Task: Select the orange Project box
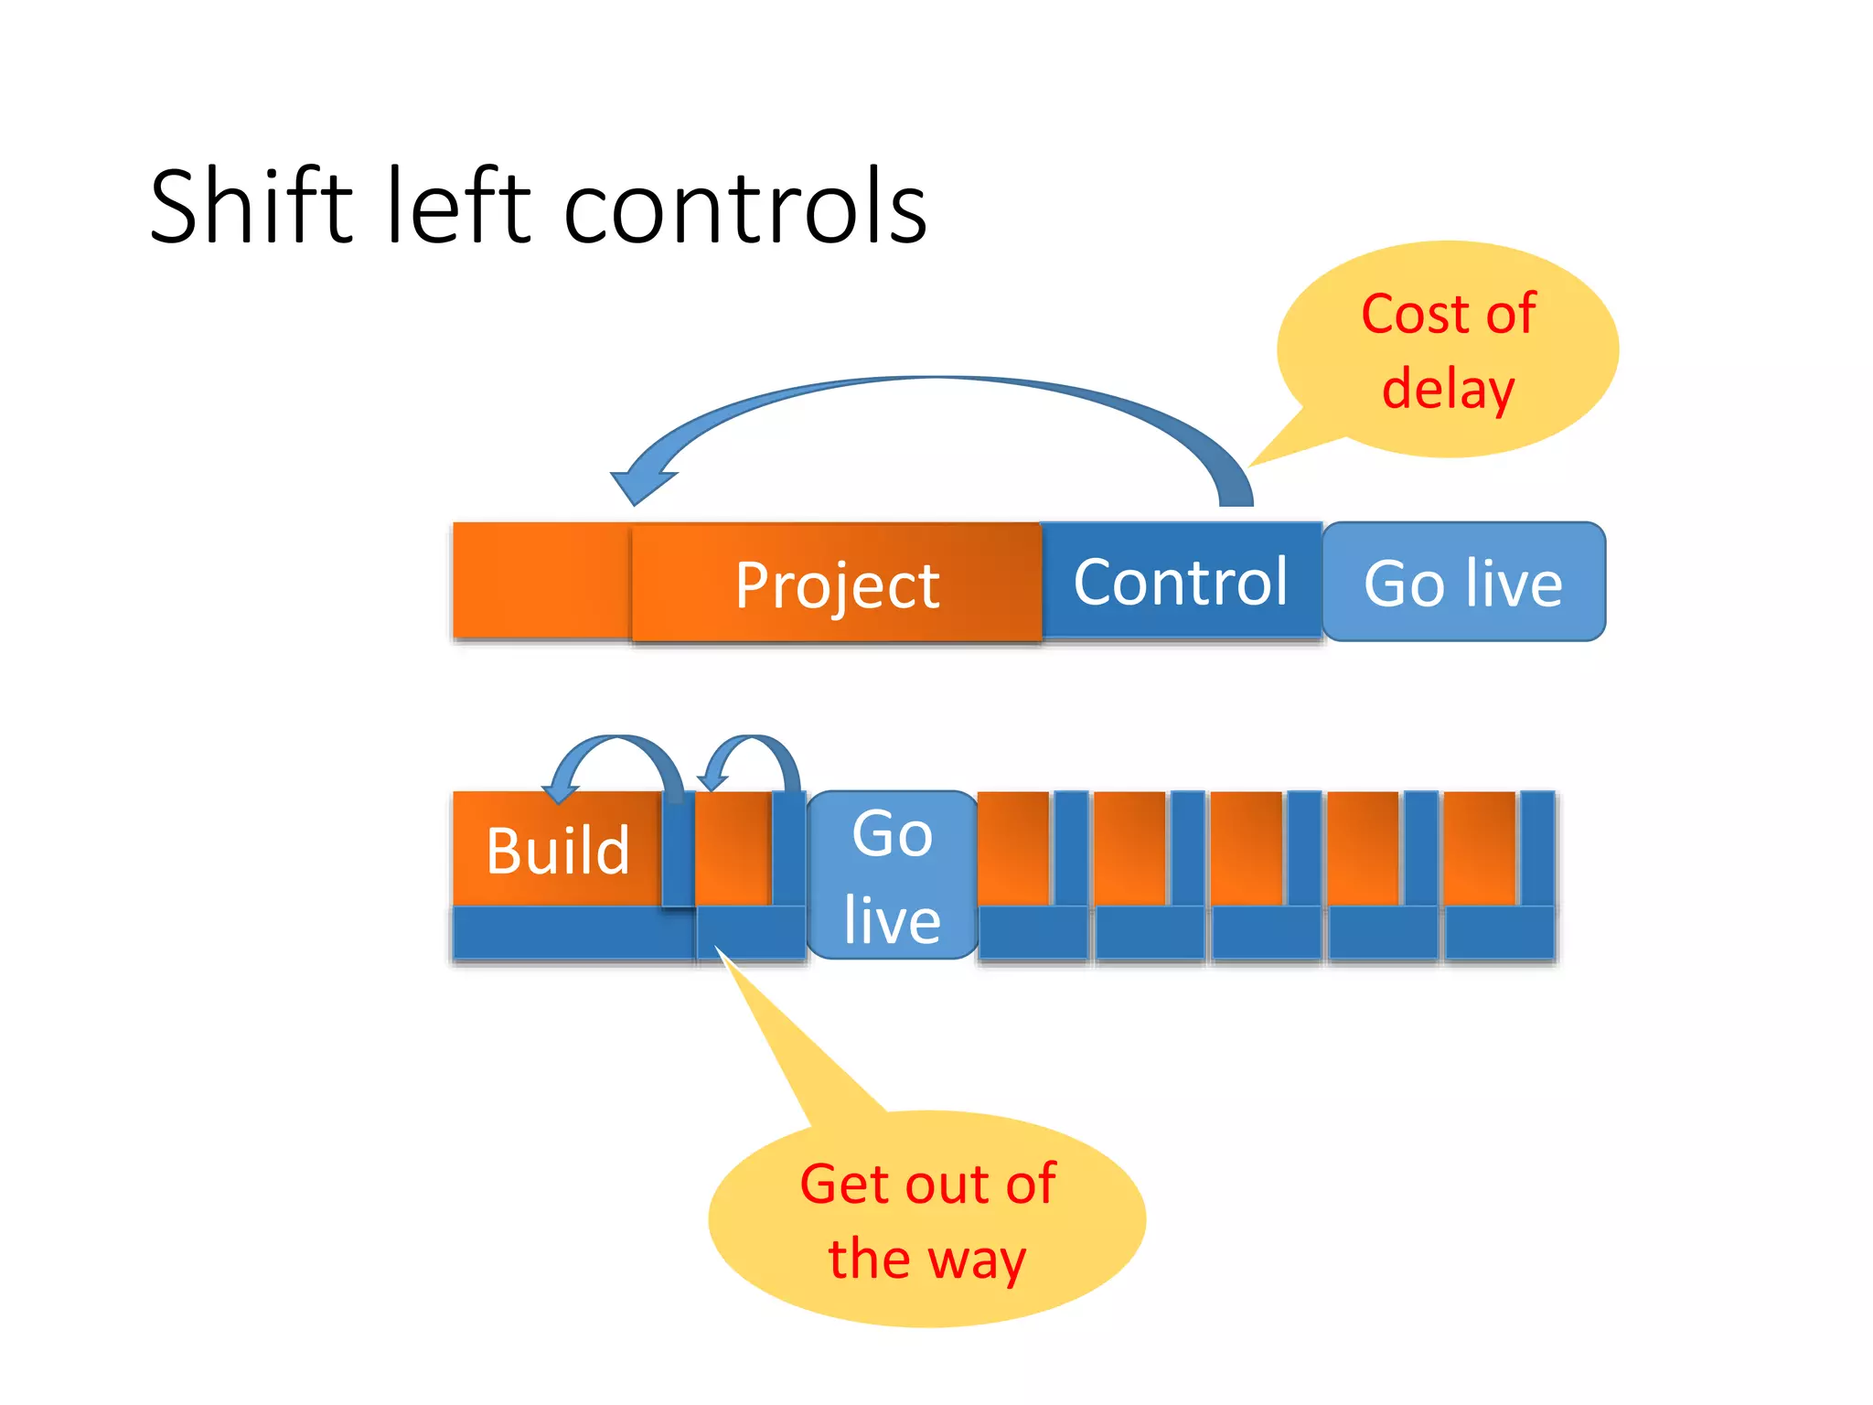tap(836, 584)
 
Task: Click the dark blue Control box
tap(1180, 581)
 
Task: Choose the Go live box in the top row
tap(1463, 583)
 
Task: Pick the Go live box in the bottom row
tap(892, 875)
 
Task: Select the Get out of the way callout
tap(926, 1221)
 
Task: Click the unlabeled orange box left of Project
tap(540, 580)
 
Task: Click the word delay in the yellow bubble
tap(1448, 388)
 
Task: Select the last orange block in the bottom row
tap(1479, 848)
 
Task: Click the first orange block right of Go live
tap(1012, 848)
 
